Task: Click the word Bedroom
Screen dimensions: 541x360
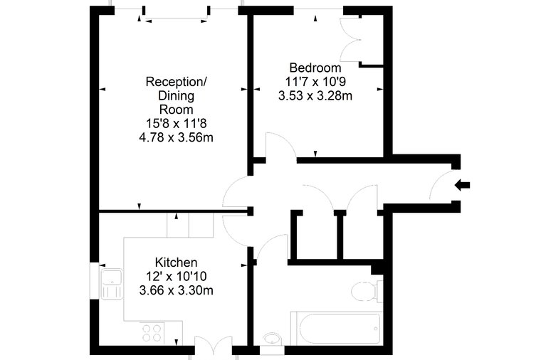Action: (x=315, y=68)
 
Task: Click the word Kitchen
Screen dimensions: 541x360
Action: (x=177, y=263)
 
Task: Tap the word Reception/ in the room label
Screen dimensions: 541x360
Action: (x=177, y=82)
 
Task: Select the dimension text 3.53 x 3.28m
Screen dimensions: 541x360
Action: (x=315, y=95)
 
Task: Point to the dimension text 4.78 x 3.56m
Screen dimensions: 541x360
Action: (x=177, y=137)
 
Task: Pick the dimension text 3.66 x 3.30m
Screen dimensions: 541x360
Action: (x=177, y=290)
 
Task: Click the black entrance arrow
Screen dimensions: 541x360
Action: (x=462, y=185)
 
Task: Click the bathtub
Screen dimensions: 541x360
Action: (x=337, y=329)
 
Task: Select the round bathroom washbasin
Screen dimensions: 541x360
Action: (x=272, y=339)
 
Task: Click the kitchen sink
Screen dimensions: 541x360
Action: (x=112, y=284)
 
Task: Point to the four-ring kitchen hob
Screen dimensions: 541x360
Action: (x=152, y=333)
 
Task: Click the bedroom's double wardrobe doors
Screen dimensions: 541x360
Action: (x=351, y=40)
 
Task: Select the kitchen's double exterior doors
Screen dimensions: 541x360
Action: (x=214, y=345)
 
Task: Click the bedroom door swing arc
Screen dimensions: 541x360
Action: (x=281, y=145)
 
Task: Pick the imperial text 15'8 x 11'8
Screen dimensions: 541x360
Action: (x=177, y=124)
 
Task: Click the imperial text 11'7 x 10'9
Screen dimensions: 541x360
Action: (x=315, y=82)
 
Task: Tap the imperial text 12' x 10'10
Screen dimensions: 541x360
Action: (x=177, y=277)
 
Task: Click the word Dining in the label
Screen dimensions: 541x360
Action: (x=177, y=96)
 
